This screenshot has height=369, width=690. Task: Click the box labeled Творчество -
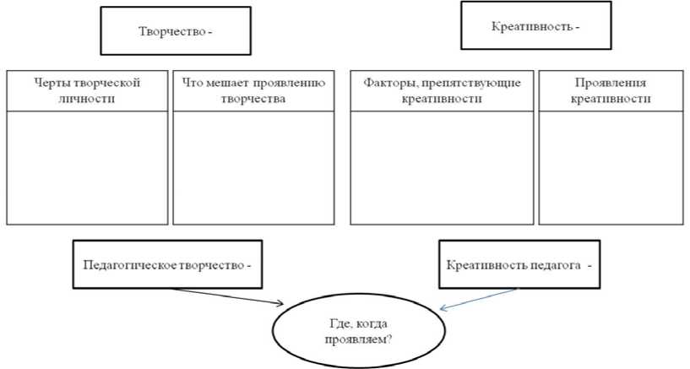[x=175, y=31]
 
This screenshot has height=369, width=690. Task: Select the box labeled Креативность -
[x=535, y=26]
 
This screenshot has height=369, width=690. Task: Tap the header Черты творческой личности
[x=87, y=90]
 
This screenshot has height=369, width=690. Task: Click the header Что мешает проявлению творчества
[x=253, y=90]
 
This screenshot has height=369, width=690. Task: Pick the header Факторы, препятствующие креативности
[x=442, y=90]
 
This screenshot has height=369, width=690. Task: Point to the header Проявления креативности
[x=610, y=90]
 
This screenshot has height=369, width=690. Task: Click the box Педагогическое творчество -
[x=167, y=264]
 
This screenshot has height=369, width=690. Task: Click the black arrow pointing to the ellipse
[x=228, y=295]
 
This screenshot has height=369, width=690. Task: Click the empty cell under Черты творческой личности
[x=87, y=167]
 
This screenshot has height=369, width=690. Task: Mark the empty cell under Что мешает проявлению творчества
[x=253, y=167]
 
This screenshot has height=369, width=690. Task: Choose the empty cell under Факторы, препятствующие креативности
[x=442, y=167]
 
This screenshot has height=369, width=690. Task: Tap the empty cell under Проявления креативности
[x=610, y=167]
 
